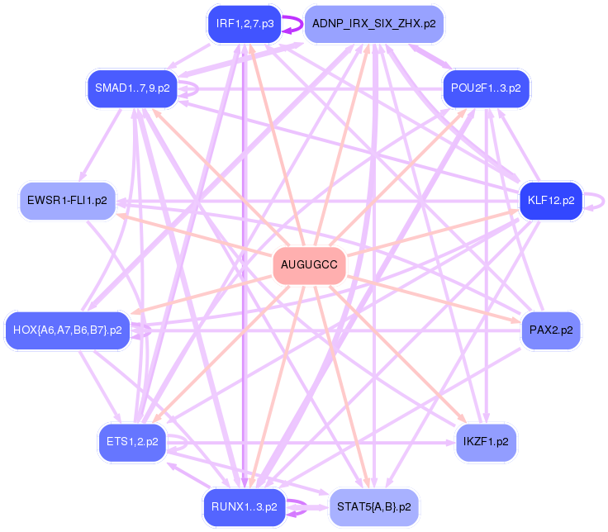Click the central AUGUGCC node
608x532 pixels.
tap(309, 265)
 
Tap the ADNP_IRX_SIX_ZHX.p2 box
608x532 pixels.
tap(374, 24)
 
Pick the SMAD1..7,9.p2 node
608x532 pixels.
tap(132, 88)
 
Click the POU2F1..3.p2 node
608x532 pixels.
tap(486, 88)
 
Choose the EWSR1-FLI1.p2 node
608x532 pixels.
tap(68, 201)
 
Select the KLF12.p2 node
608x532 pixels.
tap(551, 201)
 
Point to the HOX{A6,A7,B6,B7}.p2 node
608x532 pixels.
tap(68, 330)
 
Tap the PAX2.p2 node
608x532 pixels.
tap(551, 330)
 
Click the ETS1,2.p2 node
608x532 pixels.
tap(132, 443)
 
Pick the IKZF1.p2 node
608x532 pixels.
tap(486, 443)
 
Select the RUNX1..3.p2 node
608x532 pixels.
tap(245, 506)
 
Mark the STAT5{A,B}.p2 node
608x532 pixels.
tap(374, 506)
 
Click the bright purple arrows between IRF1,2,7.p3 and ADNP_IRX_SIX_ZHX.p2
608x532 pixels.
tap(292, 24)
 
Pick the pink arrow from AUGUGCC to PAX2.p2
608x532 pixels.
tap(438, 299)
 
